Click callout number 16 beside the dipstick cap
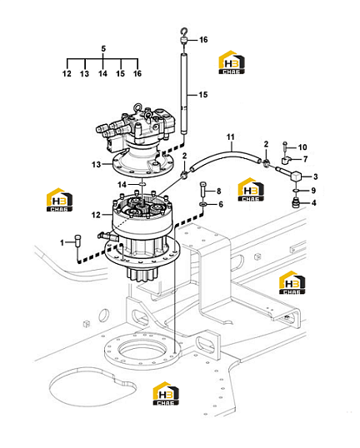203,39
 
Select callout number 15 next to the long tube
203,95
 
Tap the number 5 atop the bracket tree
103,48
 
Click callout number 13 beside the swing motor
97,165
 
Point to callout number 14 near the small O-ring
122,185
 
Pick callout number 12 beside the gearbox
96,215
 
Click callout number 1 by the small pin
62,243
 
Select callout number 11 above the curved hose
231,137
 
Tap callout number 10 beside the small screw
302,147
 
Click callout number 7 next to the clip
306,159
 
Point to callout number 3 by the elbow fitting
315,177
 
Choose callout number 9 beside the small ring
313,191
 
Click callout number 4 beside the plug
314,203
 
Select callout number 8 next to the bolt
218,191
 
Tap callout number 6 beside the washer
221,204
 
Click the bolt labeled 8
202,188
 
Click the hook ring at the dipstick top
184,31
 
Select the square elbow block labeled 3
296,176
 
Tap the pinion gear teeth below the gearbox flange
142,273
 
